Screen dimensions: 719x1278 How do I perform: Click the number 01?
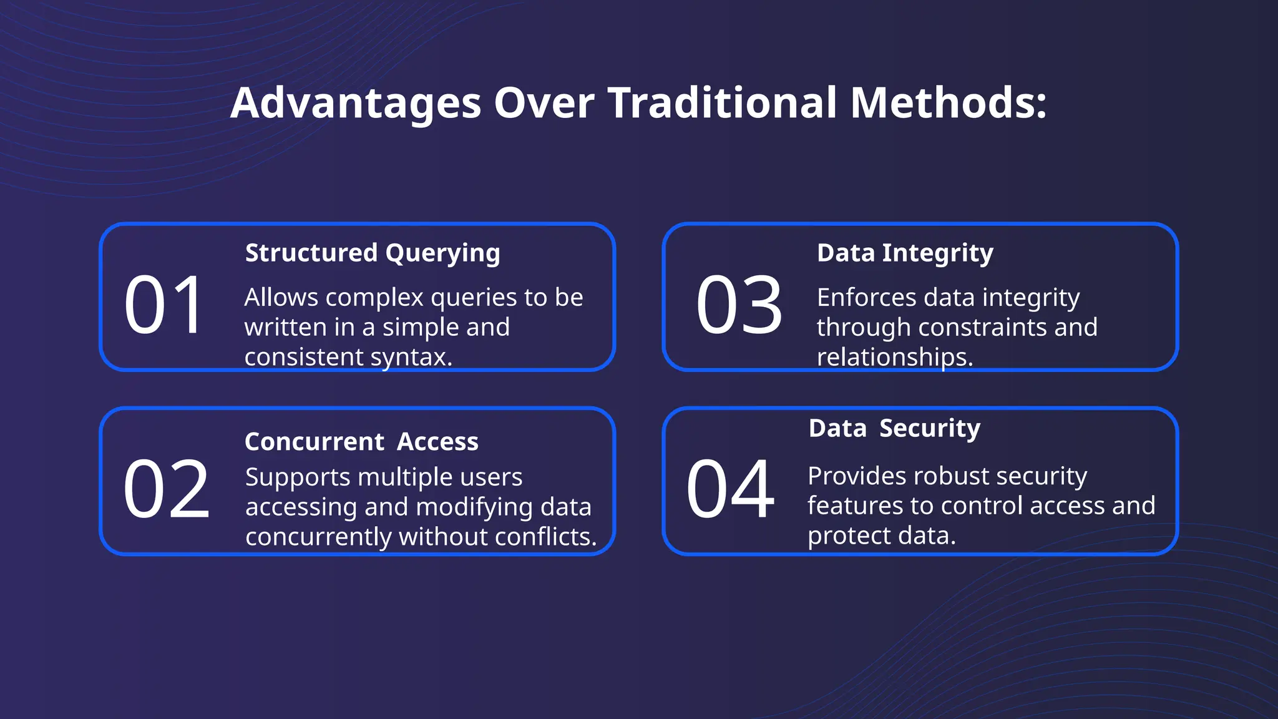point(164,305)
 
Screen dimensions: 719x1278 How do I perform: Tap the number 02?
point(166,489)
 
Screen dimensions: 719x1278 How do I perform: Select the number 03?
point(739,305)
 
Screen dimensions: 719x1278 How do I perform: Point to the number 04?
point(730,489)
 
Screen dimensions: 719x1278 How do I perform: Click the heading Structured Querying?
point(373,253)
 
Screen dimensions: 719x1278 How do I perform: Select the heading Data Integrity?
point(905,253)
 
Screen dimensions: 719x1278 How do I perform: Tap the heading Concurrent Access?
point(361,442)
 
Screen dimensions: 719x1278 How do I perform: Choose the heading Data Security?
point(894,429)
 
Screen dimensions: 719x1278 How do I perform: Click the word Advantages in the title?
point(356,103)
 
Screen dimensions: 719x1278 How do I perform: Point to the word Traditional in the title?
point(722,103)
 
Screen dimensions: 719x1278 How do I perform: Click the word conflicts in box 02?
point(545,537)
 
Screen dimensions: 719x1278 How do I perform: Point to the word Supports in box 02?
point(298,477)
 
